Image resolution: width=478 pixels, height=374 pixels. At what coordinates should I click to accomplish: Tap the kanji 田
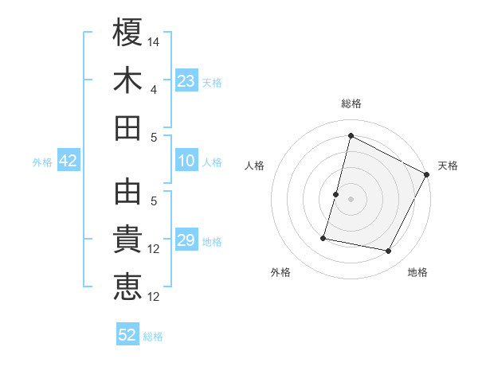127,127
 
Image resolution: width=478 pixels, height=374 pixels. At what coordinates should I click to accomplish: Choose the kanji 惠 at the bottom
127,286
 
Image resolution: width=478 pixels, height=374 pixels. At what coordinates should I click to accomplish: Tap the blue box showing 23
186,81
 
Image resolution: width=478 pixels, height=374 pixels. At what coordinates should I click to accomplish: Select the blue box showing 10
186,162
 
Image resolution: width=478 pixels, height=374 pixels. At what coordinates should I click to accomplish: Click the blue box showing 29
186,241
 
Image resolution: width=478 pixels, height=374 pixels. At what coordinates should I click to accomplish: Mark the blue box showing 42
68,162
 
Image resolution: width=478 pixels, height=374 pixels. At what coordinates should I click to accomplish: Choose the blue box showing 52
127,335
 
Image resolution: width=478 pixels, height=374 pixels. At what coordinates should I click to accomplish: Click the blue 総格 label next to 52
153,337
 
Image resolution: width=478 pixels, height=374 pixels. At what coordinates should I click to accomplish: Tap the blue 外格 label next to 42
42,162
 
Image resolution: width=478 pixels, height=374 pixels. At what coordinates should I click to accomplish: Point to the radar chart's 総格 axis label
351,103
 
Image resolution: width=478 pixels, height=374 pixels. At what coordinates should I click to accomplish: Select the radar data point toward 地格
389,251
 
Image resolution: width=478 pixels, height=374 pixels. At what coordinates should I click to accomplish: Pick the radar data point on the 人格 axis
335,194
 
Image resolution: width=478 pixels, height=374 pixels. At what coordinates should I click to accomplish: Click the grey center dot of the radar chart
351,199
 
